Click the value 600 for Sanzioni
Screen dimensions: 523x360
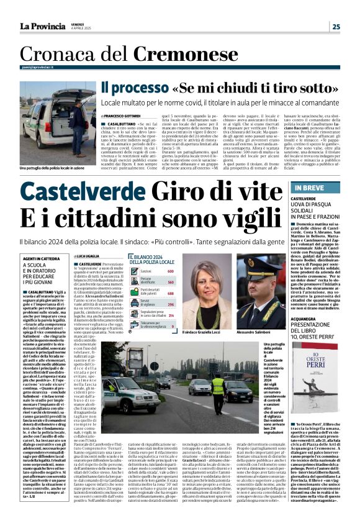[170, 271]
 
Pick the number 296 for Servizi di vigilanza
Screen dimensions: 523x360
[170, 304]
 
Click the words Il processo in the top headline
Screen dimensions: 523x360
[134, 89]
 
